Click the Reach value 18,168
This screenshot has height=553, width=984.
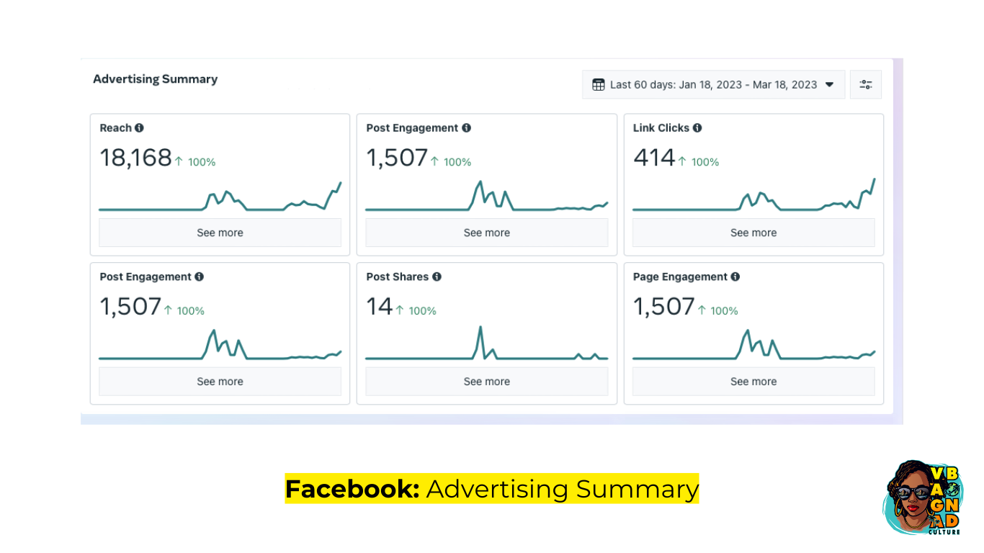[135, 158]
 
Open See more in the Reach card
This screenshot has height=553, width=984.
[220, 233]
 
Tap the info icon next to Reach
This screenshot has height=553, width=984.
[139, 128]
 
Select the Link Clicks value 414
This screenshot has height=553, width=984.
[654, 158]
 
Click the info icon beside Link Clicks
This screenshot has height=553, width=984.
[697, 128]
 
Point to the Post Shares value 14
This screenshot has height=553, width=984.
[379, 307]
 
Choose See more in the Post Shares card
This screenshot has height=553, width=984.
[486, 382]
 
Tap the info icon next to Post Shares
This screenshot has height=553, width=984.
[437, 277]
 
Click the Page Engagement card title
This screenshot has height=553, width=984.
[680, 277]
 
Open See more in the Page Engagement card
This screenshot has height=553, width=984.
[753, 382]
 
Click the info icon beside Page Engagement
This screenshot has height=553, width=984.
[735, 277]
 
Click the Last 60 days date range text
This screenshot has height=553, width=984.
[713, 85]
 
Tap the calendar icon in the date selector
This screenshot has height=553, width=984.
[598, 85]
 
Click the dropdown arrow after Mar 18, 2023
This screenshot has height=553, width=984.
[830, 85]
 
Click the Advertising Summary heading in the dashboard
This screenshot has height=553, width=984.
[155, 79]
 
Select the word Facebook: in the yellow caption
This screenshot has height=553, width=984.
[352, 489]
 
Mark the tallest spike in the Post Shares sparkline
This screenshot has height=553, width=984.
[480, 328]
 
